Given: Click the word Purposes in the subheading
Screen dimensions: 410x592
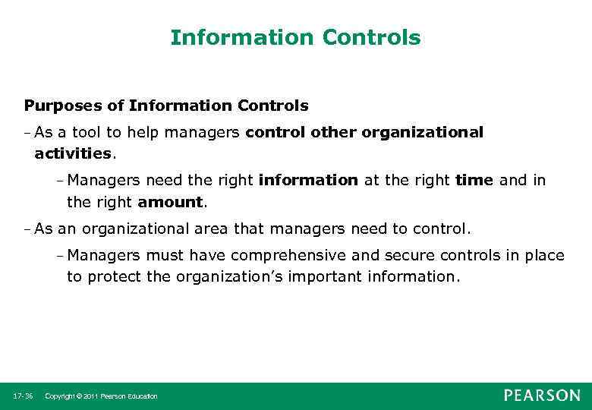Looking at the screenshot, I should tap(58, 105).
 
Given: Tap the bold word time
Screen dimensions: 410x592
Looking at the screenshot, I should tap(474, 181).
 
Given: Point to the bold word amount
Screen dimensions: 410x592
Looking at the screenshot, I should tap(171, 203).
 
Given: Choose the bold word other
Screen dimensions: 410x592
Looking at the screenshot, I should tap(334, 132).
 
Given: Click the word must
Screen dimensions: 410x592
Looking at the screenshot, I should tap(167, 255).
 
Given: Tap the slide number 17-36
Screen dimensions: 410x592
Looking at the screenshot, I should tap(22, 396).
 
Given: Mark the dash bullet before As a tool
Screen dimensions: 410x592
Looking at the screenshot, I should tap(27, 132).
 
